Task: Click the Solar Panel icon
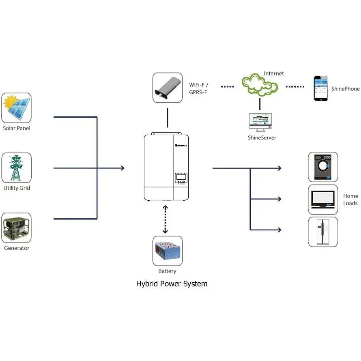[x=17, y=108]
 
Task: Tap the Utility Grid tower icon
[x=17, y=168]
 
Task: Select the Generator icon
[x=17, y=228]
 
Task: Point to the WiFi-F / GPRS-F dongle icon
[x=168, y=88]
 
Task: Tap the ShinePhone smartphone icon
[x=320, y=88]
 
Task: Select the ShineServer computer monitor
[x=260, y=122]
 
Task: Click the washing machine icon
[x=323, y=167]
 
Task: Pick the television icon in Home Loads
[x=323, y=200]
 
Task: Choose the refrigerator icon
[x=323, y=232]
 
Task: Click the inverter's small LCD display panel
[x=181, y=176]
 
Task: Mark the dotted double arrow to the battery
[x=165, y=219]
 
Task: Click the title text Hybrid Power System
[x=172, y=284]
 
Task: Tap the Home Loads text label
[x=350, y=200]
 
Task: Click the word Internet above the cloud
[x=274, y=73]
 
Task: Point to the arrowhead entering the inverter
[x=122, y=168]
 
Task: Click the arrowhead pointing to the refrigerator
[x=279, y=230]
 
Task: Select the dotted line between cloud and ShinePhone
[x=295, y=86]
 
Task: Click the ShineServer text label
[x=262, y=138]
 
